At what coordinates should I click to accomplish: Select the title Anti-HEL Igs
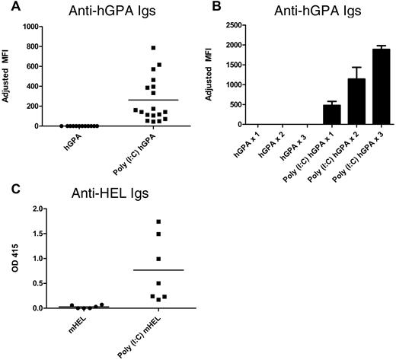pos(104,194)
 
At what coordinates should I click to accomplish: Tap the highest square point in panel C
pos(158,221)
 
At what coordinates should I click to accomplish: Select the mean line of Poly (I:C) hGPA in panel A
pos(153,100)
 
